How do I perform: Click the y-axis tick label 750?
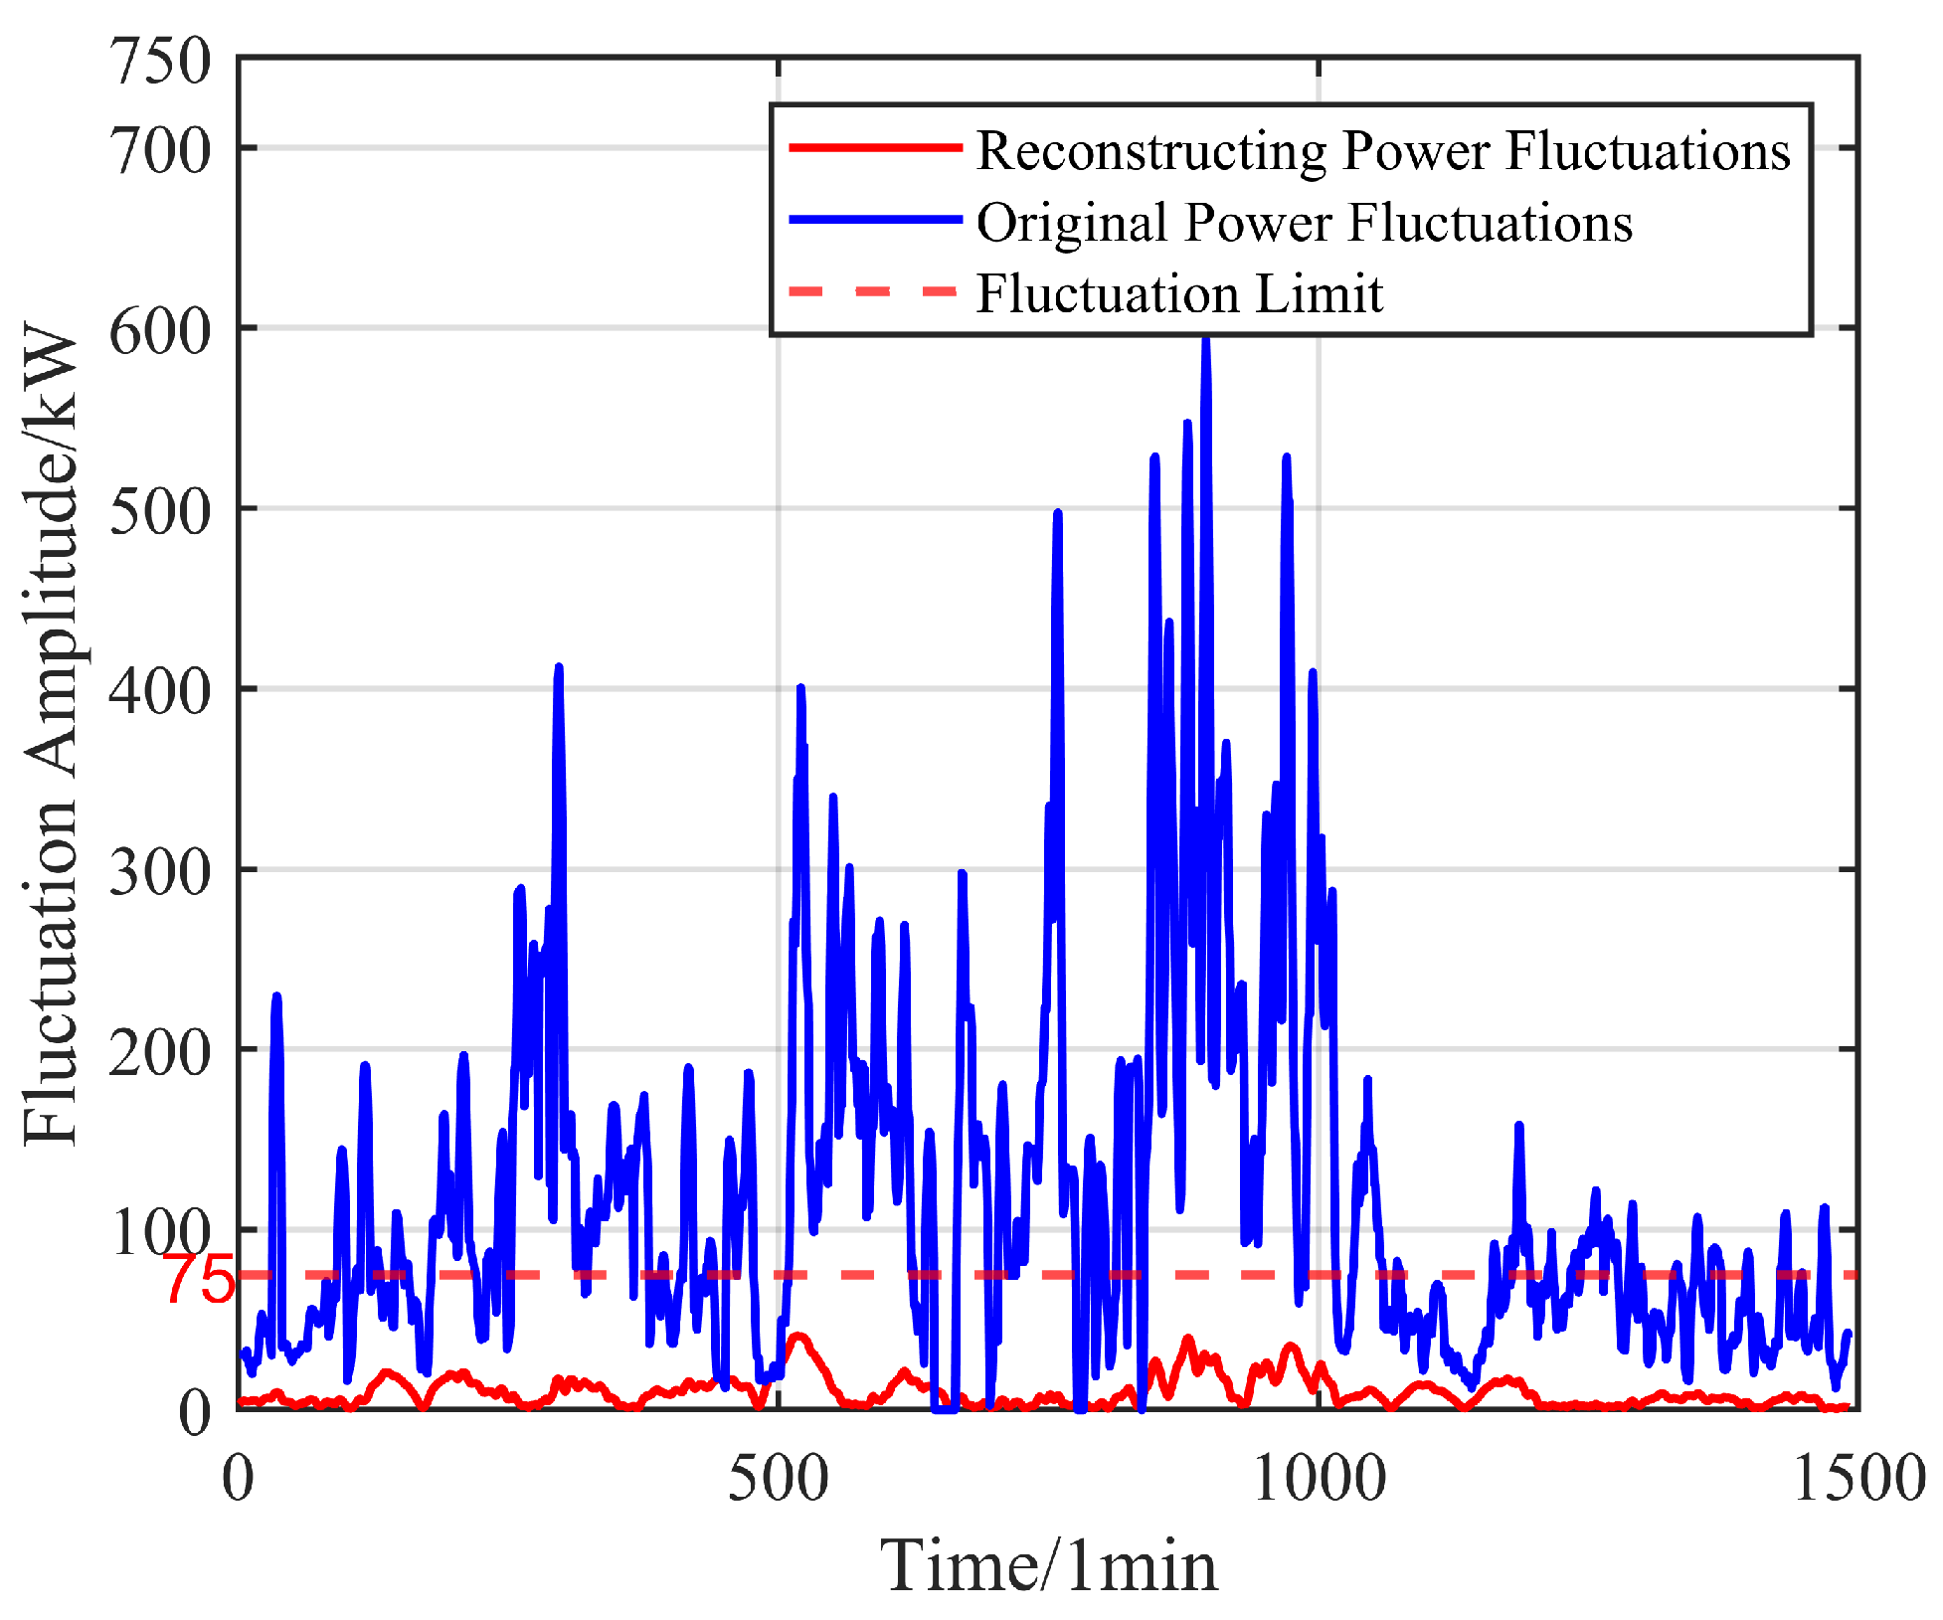[160, 62]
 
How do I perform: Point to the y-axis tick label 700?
[160, 152]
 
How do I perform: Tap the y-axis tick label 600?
[160, 331]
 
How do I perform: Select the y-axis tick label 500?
[160, 512]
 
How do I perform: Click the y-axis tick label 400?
[160, 692]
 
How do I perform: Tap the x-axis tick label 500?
[778, 1478]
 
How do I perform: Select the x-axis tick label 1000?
[1319, 1478]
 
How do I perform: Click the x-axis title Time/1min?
[1049, 1566]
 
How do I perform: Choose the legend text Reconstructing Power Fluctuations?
[1383, 151]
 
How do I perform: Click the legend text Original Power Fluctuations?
[1304, 222]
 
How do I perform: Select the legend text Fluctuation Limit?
[1179, 293]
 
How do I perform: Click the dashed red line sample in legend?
[875, 291]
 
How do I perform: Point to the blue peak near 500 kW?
[1058, 515]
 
